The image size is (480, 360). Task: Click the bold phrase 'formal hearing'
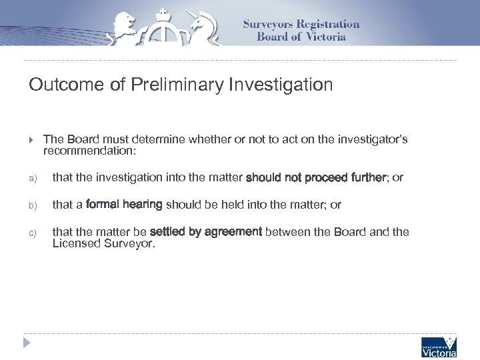(124, 205)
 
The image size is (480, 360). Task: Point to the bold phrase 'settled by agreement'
(206, 232)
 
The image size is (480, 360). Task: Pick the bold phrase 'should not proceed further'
(316, 178)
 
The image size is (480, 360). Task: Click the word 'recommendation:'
(89, 151)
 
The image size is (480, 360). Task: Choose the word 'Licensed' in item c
(74, 244)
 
